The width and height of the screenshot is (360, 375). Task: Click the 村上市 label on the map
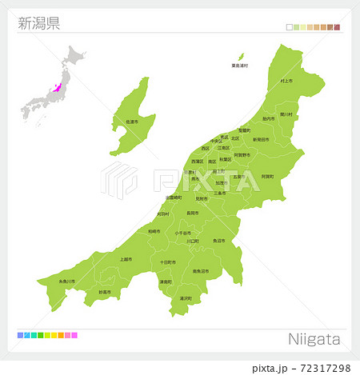click(x=286, y=81)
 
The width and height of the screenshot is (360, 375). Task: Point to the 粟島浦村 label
click(x=240, y=66)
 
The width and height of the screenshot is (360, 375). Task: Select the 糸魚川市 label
click(x=67, y=281)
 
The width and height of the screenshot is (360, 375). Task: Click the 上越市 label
click(x=126, y=258)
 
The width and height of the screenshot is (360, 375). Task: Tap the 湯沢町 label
click(x=186, y=298)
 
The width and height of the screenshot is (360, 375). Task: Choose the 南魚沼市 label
click(x=201, y=272)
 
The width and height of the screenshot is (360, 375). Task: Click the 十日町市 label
click(x=167, y=262)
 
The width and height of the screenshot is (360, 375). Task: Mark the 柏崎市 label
click(x=154, y=231)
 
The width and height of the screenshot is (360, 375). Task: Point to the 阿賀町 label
click(x=267, y=176)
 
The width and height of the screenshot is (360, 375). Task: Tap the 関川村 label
click(x=286, y=114)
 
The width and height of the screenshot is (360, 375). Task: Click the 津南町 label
click(x=164, y=281)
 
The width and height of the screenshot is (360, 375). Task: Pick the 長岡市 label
click(x=193, y=213)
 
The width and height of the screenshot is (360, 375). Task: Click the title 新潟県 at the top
click(x=38, y=22)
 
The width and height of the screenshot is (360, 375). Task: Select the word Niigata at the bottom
click(x=314, y=339)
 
